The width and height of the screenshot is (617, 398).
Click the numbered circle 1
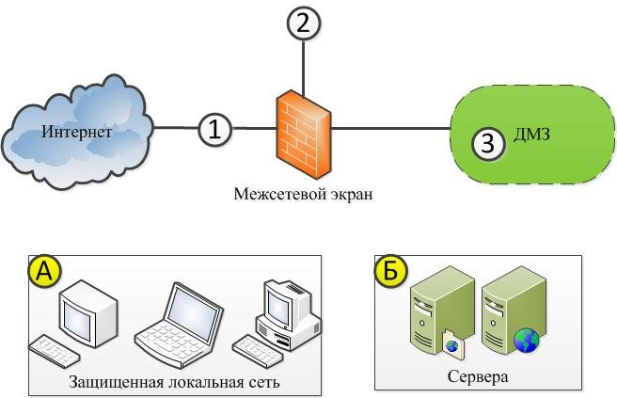(214, 129)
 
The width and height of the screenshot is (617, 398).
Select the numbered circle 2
(303, 24)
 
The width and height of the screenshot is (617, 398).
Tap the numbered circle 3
(487, 143)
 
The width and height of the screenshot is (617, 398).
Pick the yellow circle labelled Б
(391, 271)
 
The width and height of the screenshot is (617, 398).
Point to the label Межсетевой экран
(304, 195)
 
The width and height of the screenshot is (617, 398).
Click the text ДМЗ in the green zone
(531, 135)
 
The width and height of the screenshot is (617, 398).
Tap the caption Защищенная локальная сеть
(174, 382)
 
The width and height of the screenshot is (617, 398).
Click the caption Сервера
(479, 377)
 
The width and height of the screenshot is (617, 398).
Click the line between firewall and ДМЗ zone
(390, 129)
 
